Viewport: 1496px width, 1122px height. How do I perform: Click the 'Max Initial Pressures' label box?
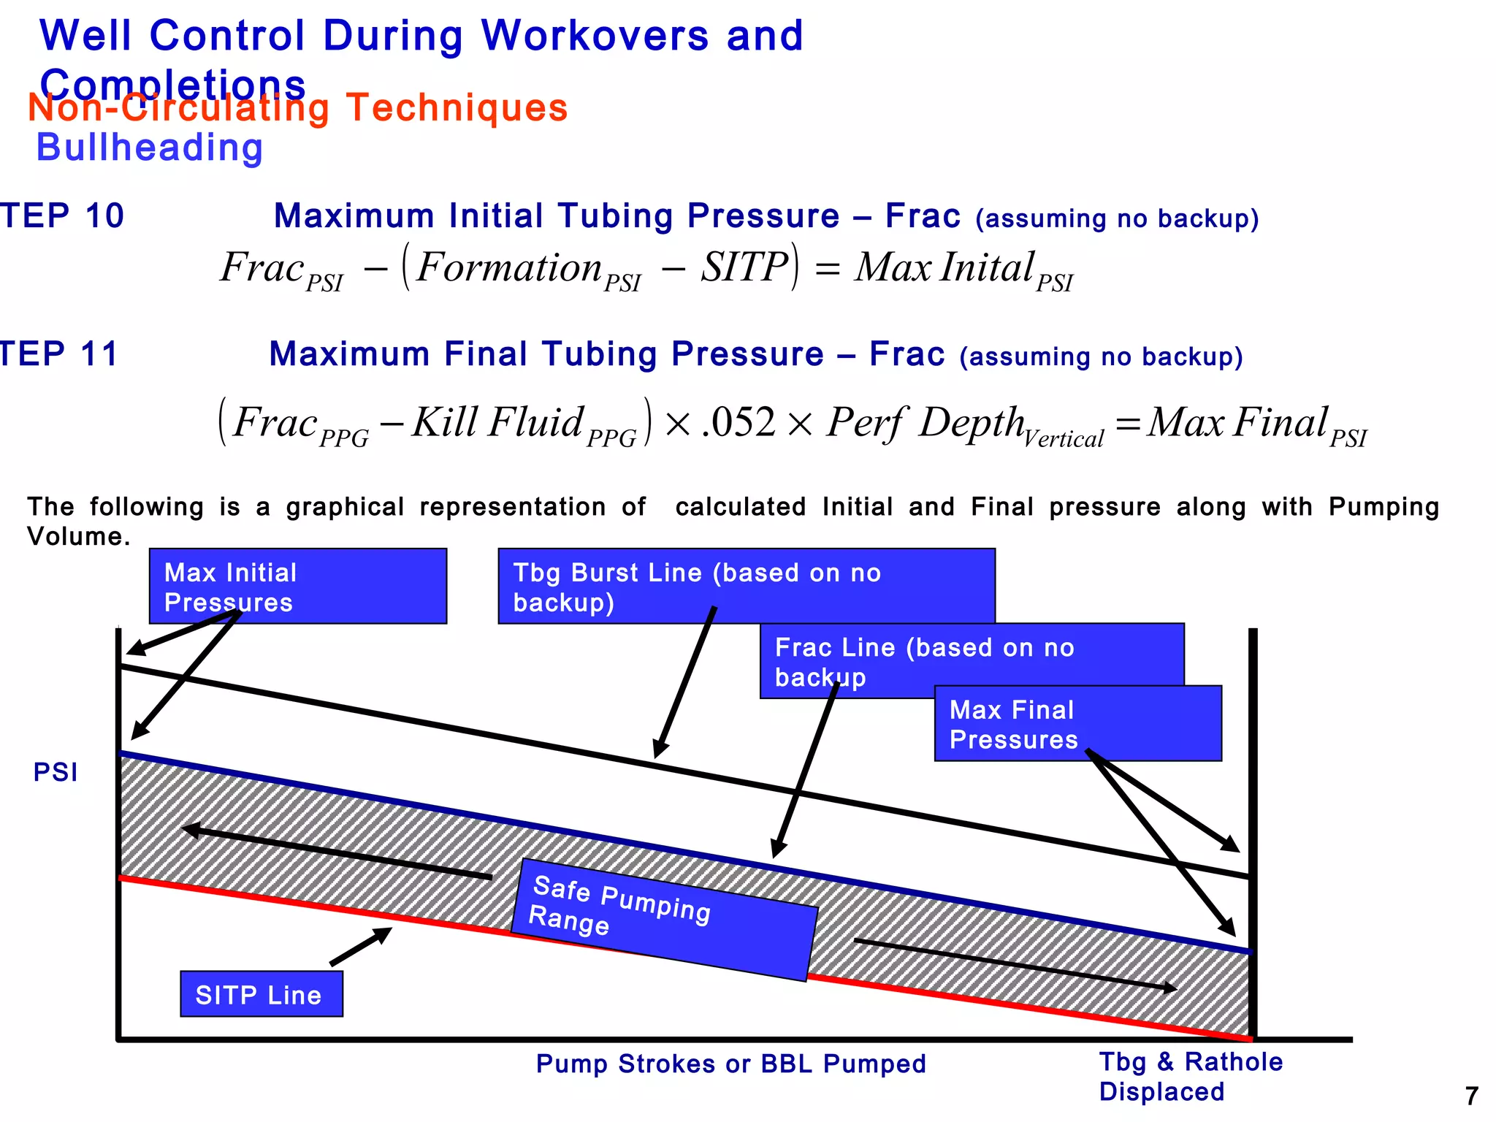pyautogui.click(x=297, y=586)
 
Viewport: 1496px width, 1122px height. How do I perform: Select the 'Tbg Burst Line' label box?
pyautogui.click(x=746, y=586)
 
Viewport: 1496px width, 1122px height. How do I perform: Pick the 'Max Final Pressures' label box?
pyautogui.click(x=1077, y=723)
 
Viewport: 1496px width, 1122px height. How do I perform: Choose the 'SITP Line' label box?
pyautogui.click(x=261, y=994)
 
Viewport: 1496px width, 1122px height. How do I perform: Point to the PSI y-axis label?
pyautogui.click(x=55, y=772)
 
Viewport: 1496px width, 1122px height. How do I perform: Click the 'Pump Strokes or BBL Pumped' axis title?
pyautogui.click(x=730, y=1064)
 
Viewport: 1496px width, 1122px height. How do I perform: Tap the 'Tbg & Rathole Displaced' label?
pyautogui.click(x=1190, y=1076)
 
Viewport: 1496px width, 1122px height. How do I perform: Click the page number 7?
pyautogui.click(x=1471, y=1096)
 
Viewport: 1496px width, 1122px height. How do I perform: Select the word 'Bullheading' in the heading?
pyautogui.click(x=150, y=148)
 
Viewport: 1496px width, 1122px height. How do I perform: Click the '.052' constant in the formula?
pyautogui.click(x=738, y=422)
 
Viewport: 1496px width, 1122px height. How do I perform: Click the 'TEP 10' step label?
pyautogui.click(x=62, y=216)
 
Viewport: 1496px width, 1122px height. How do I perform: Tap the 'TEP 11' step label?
pyautogui.click(x=58, y=354)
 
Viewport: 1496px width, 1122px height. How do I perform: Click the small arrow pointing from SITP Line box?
pyautogui.click(x=361, y=947)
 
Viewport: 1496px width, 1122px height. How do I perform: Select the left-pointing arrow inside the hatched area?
pyautogui.click(x=336, y=853)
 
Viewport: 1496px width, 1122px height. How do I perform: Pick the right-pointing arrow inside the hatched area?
pyautogui.click(x=1015, y=965)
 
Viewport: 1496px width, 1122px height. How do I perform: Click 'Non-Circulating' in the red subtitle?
pyautogui.click(x=179, y=108)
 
